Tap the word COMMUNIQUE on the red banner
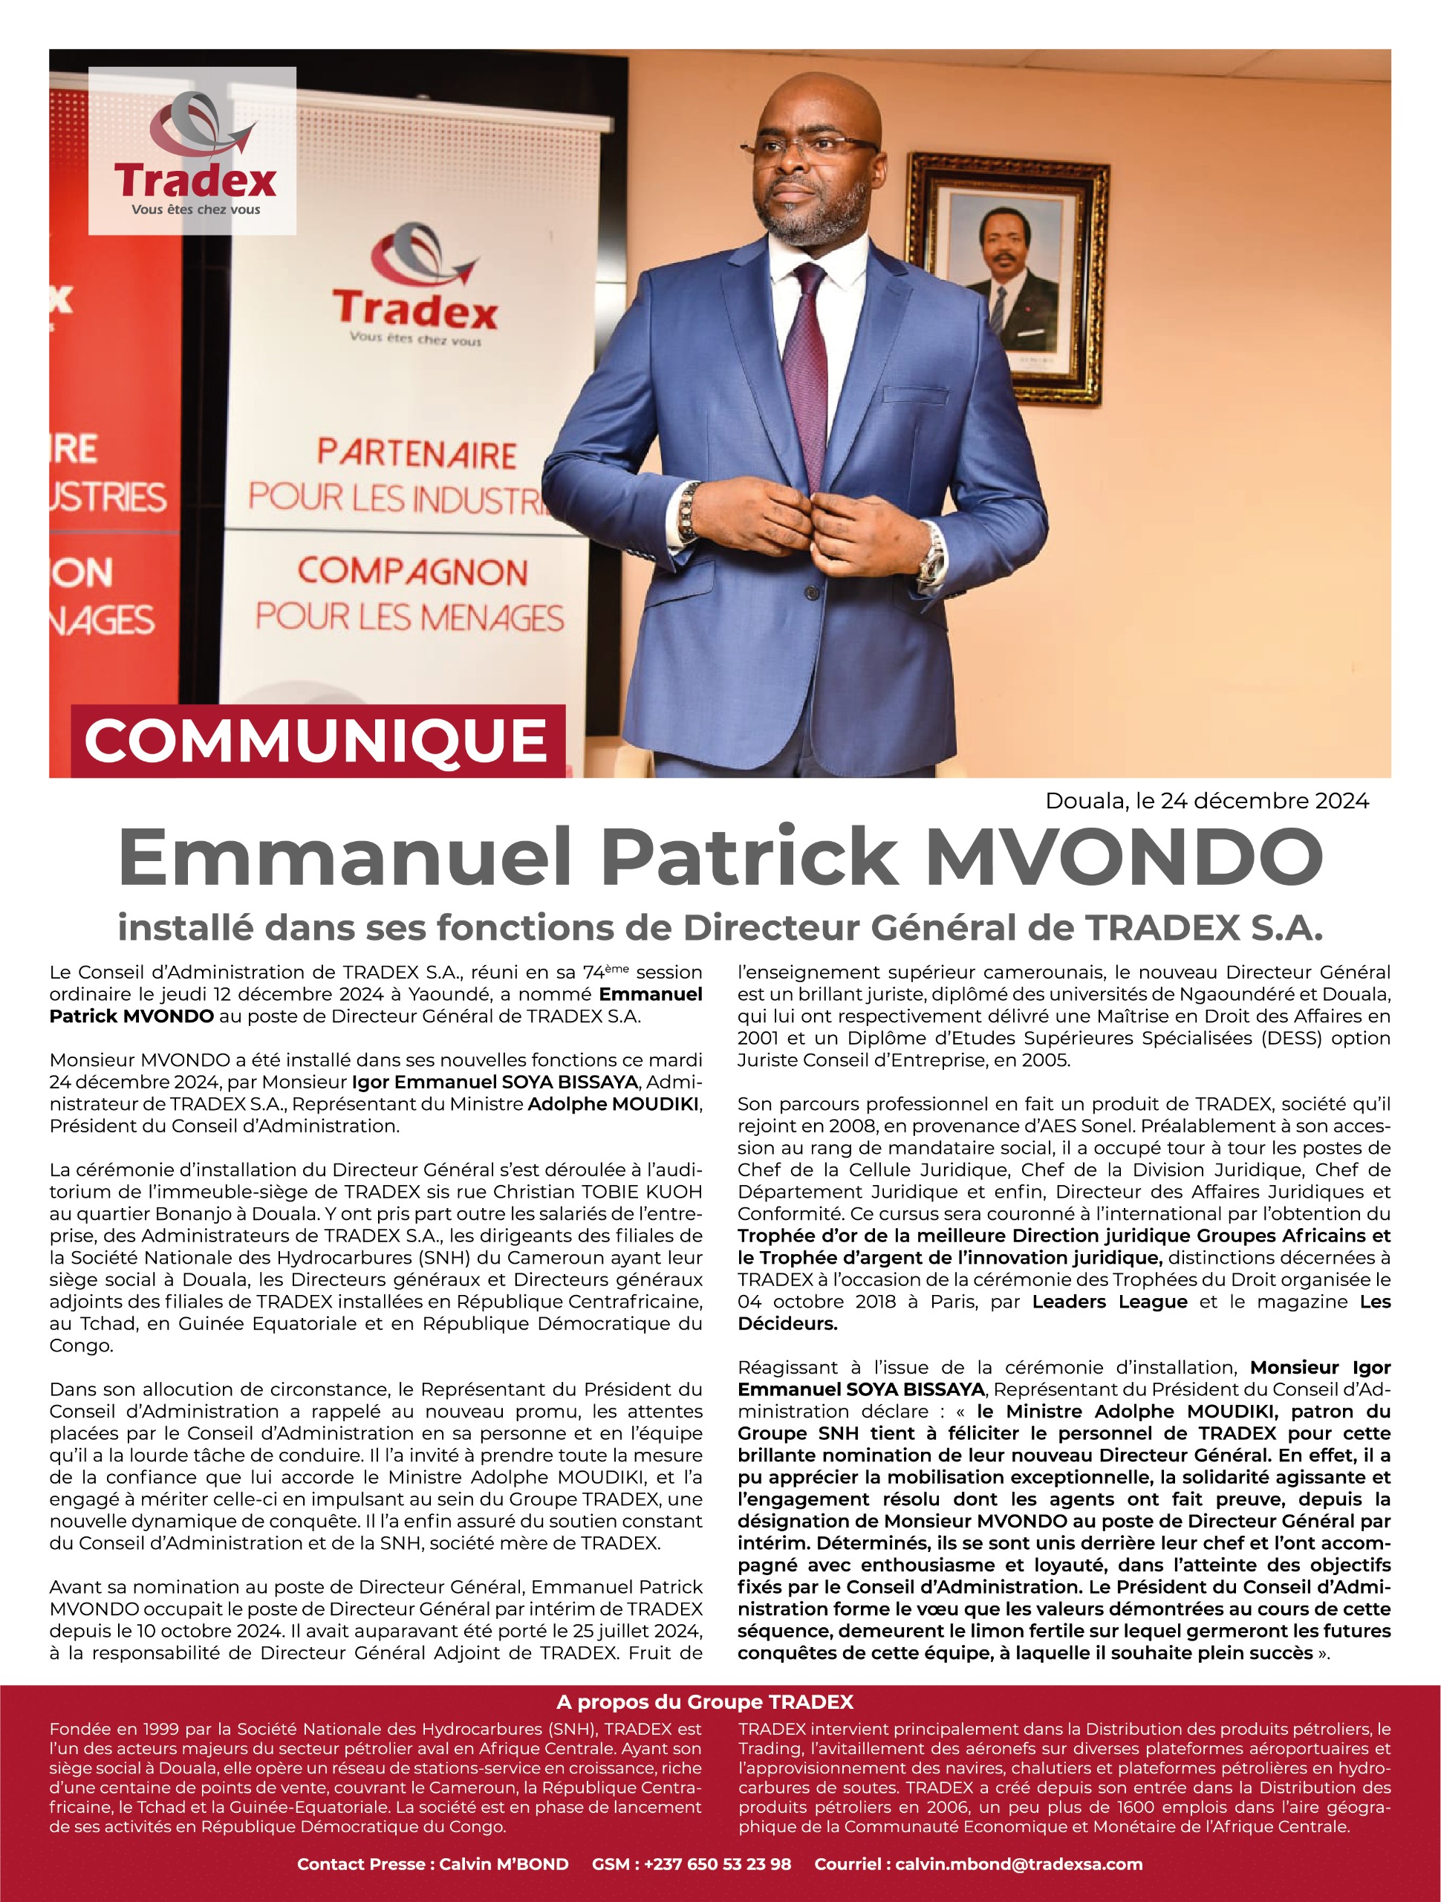(316, 741)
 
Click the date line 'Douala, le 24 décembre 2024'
(1206, 800)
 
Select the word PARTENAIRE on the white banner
(416, 454)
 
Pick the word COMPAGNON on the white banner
(413, 573)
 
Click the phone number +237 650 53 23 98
(692, 1864)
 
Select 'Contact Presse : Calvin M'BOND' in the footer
(432, 1864)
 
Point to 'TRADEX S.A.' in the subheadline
(1203, 928)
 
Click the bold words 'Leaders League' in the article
(1109, 1302)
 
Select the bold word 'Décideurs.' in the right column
(787, 1324)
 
